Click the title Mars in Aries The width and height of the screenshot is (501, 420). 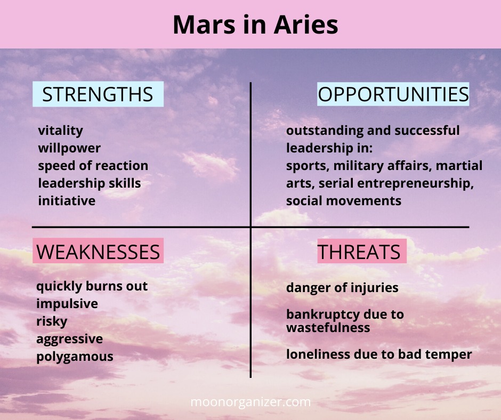tap(255, 25)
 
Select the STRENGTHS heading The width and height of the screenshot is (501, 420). tap(98, 94)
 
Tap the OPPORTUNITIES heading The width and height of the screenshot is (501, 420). tap(393, 94)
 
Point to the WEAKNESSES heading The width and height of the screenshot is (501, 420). tap(98, 252)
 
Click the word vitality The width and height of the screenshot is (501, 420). tap(60, 131)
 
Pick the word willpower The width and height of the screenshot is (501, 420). tap(69, 148)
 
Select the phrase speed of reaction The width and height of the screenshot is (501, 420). tap(93, 166)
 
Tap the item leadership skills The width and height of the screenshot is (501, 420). tap(90, 183)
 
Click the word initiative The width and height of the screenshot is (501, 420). tap(67, 201)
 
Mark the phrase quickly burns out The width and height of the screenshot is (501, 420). tap(92, 286)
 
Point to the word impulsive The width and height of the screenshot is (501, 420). tap(67, 304)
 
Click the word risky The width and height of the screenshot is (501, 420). tap(52, 321)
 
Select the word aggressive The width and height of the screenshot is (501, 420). tap(70, 339)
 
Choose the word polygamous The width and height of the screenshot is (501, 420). tap(75, 357)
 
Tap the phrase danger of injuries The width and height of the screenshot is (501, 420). tap(342, 288)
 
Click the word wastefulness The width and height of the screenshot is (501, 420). tap(328, 328)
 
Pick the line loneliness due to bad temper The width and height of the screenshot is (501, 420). tap(379, 354)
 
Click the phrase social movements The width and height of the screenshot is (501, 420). tap(343, 201)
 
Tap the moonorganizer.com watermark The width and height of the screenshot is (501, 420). tap(250, 402)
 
